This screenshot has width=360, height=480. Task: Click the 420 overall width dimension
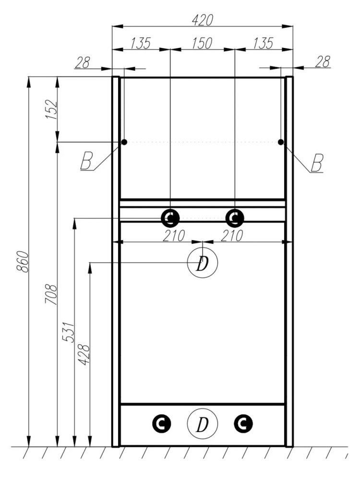tap(202, 20)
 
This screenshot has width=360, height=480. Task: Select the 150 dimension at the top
tap(202, 43)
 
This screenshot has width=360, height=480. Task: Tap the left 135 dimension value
tap(141, 43)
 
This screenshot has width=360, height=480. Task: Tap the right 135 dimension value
tap(263, 43)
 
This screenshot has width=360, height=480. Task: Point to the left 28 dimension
tap(83, 62)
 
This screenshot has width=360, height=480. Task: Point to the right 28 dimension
tap(323, 61)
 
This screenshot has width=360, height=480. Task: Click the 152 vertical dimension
tap(51, 109)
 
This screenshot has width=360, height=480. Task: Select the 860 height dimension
tap(23, 262)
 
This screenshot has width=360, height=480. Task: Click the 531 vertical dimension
tap(68, 332)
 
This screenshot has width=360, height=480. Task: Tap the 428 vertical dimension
tap(84, 355)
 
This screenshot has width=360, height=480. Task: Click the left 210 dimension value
tap(174, 236)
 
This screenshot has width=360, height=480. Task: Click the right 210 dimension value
tap(232, 236)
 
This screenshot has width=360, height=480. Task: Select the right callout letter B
tap(317, 163)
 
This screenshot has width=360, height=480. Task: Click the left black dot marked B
tap(124, 142)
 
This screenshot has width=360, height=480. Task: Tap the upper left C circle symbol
tap(170, 218)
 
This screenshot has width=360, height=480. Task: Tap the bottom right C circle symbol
tap(243, 424)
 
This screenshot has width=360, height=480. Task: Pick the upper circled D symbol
tap(202, 263)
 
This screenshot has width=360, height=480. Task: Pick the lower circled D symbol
tap(202, 424)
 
